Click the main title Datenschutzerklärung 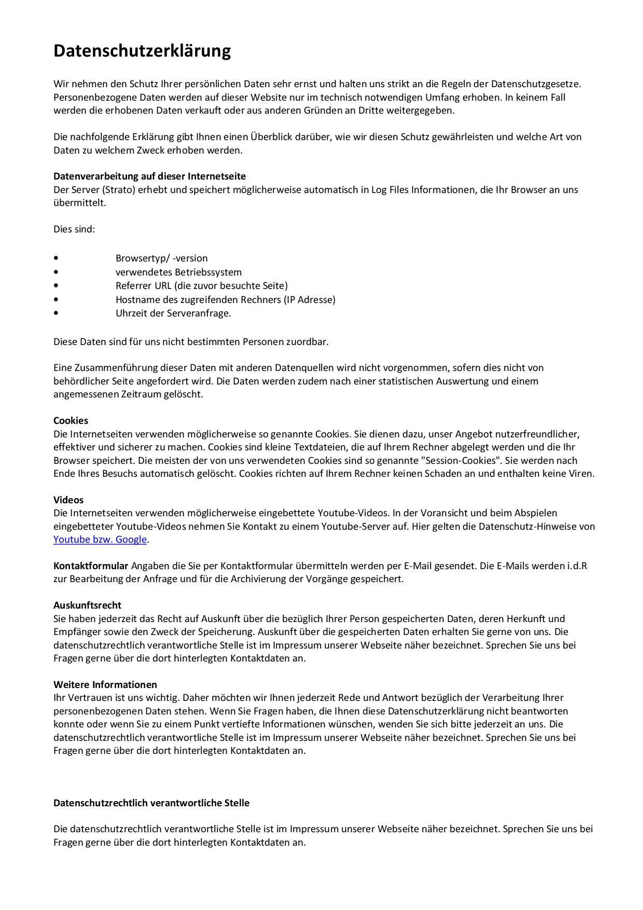142,51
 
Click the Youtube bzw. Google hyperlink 100,540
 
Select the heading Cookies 71,420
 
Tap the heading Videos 68,500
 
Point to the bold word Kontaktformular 91,566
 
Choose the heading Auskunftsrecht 87,605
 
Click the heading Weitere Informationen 105,684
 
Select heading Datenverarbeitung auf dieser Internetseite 149,176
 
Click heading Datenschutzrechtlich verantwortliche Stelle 151,803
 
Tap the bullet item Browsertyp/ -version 161,258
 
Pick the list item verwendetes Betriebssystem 178,272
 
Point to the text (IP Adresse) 310,299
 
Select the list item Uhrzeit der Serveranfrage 173,313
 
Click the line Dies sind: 74,229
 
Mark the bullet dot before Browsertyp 56,258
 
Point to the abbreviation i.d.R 577,566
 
